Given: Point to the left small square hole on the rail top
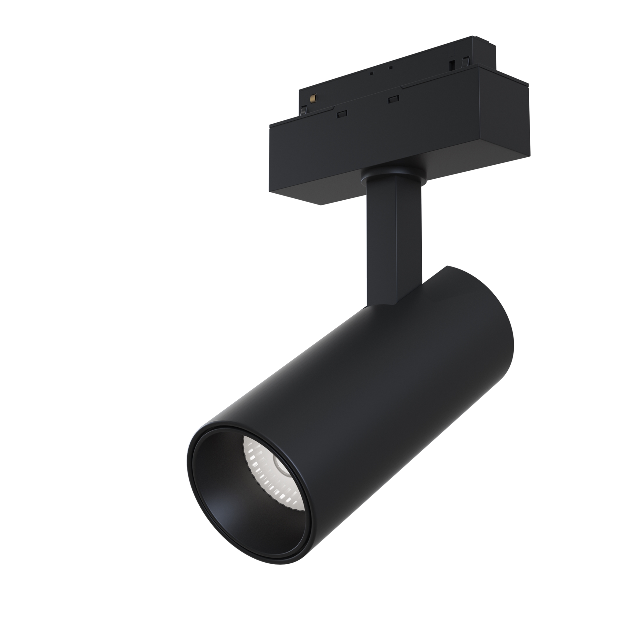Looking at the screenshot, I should [371, 74].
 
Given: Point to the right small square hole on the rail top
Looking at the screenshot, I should [391, 68].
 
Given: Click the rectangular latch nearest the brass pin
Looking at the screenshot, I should [342, 113].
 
